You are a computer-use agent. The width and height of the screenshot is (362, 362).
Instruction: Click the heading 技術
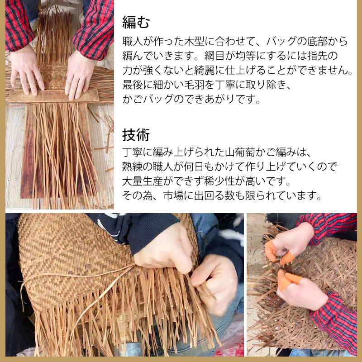[x=136, y=134]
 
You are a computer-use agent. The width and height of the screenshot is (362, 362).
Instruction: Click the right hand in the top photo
[x=79, y=75]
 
